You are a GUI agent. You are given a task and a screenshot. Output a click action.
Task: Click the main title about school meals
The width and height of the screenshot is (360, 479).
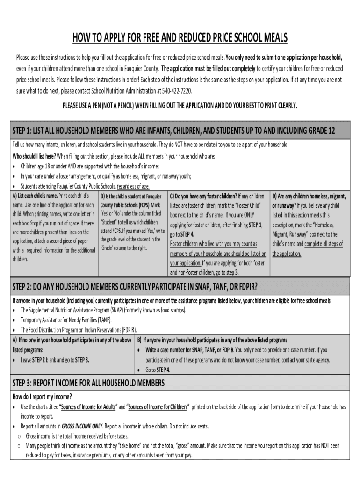pyautogui.click(x=180, y=38)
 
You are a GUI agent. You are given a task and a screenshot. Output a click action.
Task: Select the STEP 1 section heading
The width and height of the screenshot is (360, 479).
pyautogui.click(x=173, y=131)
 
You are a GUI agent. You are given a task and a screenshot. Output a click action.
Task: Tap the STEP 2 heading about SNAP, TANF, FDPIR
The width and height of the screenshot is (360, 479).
pyautogui.click(x=135, y=286)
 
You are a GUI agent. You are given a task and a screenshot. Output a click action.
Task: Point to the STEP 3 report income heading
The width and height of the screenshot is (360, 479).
pyautogui.click(x=88, y=384)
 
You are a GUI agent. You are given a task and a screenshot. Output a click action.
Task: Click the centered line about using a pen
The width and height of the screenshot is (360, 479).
pyautogui.click(x=180, y=106)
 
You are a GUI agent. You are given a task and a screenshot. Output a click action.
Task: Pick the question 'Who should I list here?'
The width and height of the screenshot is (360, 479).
pyautogui.click(x=34, y=156)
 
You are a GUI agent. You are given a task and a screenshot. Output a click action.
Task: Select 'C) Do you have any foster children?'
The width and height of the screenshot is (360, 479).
pyautogui.click(x=203, y=196)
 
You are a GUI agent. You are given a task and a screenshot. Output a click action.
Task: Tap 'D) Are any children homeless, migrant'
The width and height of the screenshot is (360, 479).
pyautogui.click(x=309, y=196)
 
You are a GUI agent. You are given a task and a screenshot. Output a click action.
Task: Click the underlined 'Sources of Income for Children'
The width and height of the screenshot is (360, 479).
pyautogui.click(x=158, y=407)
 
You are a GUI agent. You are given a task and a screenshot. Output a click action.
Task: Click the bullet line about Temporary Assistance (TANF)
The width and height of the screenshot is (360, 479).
pyautogui.click(x=66, y=320)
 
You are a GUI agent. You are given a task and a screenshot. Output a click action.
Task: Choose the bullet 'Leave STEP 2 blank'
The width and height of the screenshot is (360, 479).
pyautogui.click(x=55, y=360)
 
